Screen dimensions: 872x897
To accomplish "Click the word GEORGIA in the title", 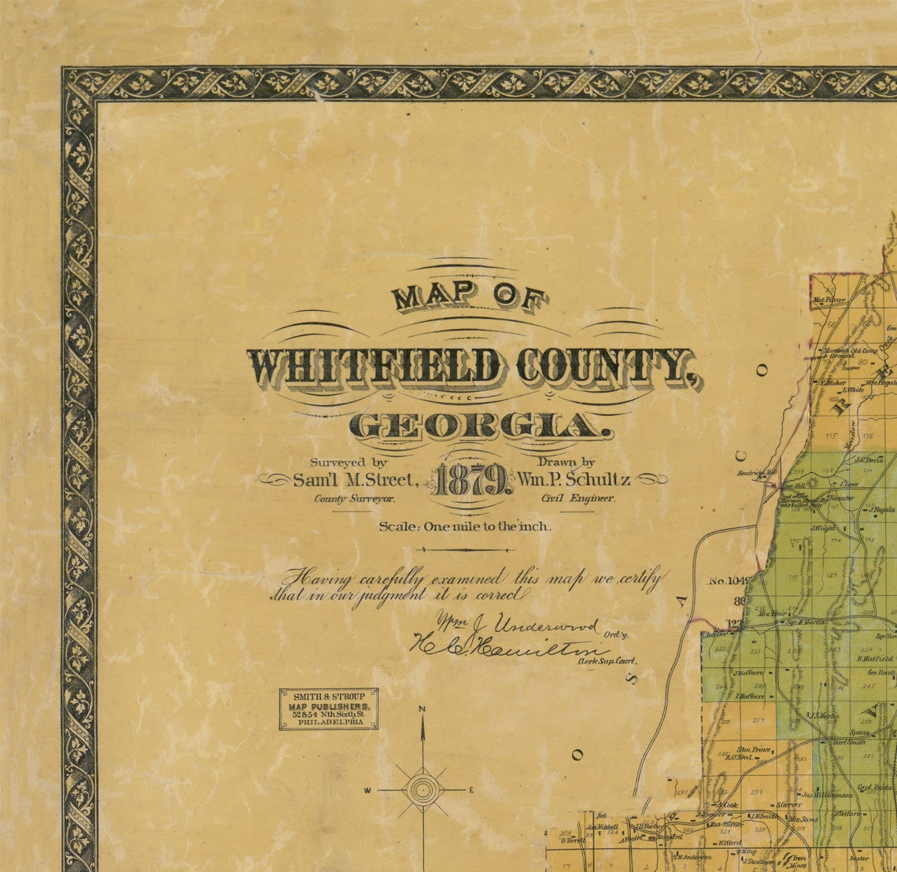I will pyautogui.click(x=480, y=427).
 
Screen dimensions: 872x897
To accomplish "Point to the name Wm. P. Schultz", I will pyautogui.click(x=574, y=478).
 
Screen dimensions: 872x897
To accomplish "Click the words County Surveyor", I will pyautogui.click(x=355, y=498).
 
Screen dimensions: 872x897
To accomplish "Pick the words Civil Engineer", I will pyautogui.click(x=578, y=498).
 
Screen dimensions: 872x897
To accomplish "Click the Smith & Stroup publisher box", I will pyautogui.click(x=329, y=709).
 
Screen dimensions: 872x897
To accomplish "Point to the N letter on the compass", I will pyautogui.click(x=423, y=709).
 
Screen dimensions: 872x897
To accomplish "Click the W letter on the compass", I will pyautogui.click(x=367, y=790).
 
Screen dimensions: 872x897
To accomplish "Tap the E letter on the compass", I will pyautogui.click(x=471, y=790).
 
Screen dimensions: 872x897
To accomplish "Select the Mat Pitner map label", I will pyautogui.click(x=829, y=300).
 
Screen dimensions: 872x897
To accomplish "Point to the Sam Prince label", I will pyautogui.click(x=753, y=749).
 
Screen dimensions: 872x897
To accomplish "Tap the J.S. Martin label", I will pyautogui.click(x=823, y=715).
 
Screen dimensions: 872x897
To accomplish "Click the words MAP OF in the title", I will pyautogui.click(x=470, y=297).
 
